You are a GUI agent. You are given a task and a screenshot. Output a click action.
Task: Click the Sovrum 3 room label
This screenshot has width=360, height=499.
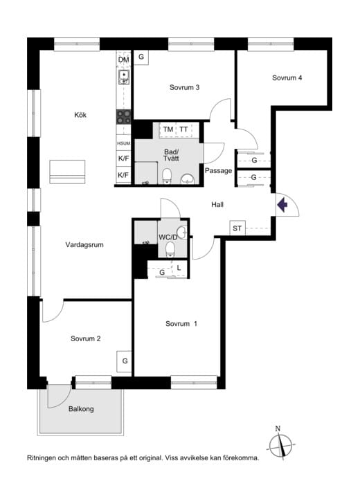184,87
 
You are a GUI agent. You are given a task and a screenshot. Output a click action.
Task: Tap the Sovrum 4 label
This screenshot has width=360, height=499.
287,78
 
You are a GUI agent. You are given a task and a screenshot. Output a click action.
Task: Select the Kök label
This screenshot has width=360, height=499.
80,115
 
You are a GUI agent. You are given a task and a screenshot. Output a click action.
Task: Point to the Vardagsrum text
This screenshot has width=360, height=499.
84,245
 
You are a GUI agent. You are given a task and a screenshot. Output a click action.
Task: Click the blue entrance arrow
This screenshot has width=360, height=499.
282,205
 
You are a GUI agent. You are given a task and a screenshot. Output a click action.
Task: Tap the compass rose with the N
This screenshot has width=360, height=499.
280,445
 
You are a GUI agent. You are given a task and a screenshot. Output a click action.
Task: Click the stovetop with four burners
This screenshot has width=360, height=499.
123,117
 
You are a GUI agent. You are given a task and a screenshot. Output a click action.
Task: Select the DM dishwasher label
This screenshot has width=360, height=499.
123,60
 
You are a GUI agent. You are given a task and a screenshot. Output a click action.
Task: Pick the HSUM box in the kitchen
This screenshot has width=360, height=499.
123,143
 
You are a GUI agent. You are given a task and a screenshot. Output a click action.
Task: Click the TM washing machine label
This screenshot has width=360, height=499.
168,129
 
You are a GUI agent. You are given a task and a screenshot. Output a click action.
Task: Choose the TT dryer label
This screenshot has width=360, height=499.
183,129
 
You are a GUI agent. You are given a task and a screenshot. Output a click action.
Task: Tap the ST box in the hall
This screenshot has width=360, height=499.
237,228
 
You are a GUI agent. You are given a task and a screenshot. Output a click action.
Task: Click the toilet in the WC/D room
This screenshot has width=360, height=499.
170,249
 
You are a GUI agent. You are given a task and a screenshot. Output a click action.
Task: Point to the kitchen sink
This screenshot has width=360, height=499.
124,78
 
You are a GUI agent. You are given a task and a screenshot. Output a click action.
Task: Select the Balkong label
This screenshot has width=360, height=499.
81,409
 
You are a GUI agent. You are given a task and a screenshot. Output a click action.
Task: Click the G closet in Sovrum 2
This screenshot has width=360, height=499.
125,361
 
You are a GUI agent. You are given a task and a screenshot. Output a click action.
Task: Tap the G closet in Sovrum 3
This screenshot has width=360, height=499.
141,57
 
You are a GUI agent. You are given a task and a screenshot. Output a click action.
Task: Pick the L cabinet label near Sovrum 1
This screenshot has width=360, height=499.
179,268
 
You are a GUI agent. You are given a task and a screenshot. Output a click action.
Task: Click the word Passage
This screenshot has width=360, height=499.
218,171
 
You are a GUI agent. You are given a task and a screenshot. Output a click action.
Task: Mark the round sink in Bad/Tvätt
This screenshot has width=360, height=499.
187,179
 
